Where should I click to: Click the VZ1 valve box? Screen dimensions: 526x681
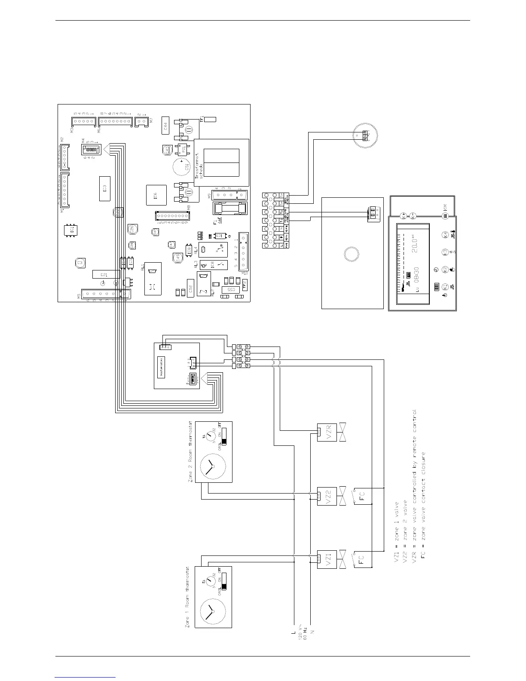tap(326, 559)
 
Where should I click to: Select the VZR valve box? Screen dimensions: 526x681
tap(326, 432)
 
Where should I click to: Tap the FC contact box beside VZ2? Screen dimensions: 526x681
tap(361, 496)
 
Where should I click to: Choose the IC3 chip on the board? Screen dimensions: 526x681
tap(104, 189)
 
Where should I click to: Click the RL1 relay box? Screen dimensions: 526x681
tap(153, 279)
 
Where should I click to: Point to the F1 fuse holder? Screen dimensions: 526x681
tap(230, 209)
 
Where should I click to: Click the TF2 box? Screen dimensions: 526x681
tap(245, 283)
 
